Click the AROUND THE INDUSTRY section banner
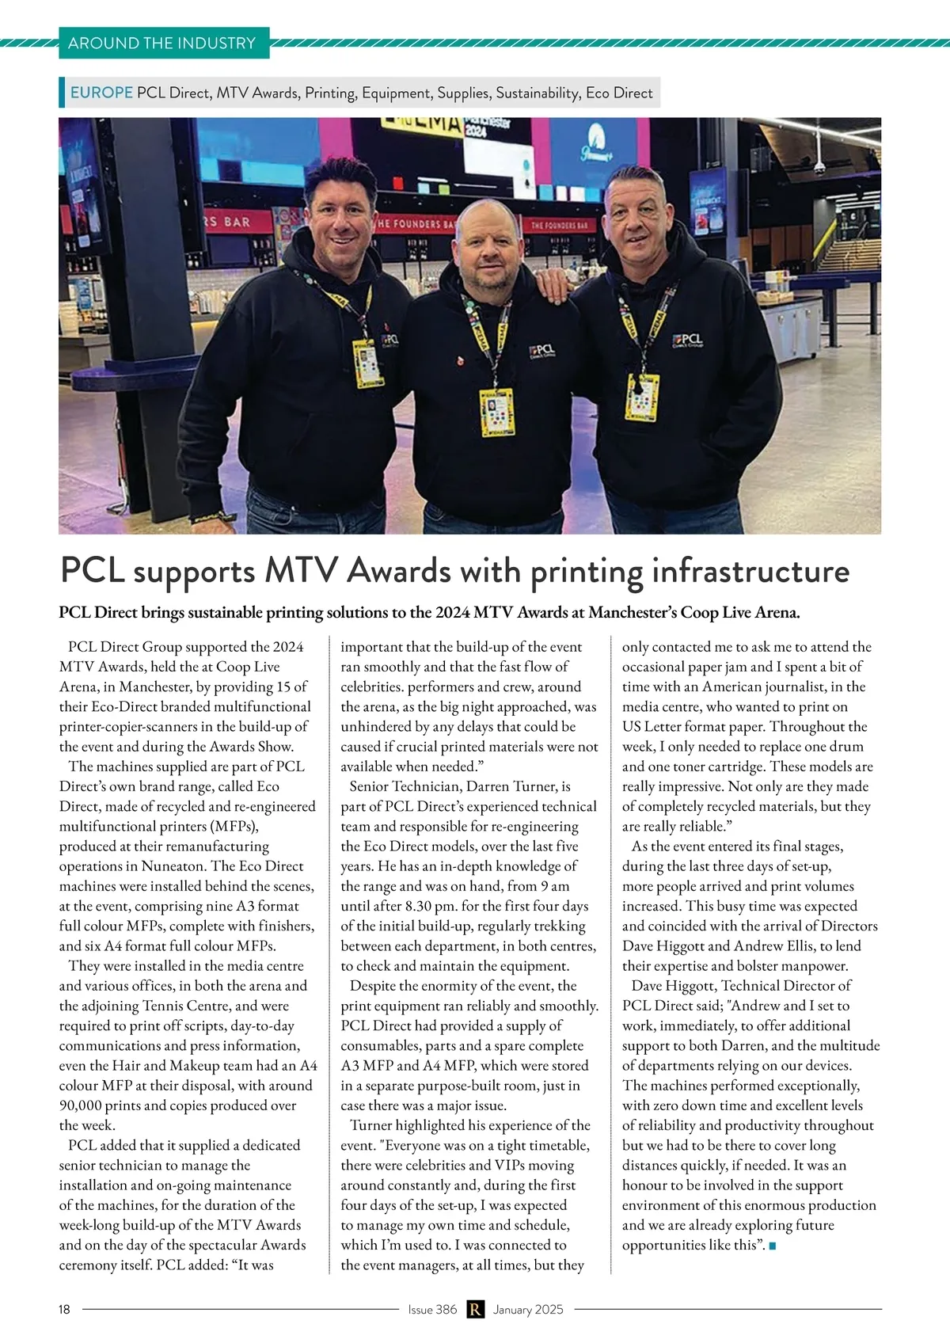[162, 43]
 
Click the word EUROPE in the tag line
[101, 93]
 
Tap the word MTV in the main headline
[301, 571]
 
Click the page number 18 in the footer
[64, 1309]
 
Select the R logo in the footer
[475, 1309]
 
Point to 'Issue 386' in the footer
[432, 1309]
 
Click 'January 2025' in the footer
[528, 1309]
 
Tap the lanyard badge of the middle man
[498, 412]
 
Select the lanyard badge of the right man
[642, 396]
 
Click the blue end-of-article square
[773, 1246]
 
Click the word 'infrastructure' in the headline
[750, 571]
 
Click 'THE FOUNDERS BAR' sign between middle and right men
[559, 225]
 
